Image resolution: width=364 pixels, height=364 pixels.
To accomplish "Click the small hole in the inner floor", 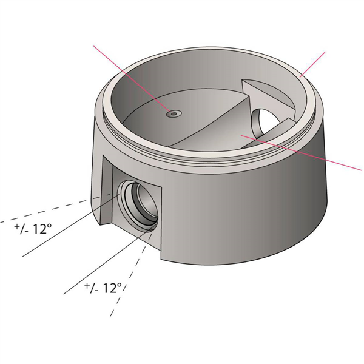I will pyautogui.click(x=175, y=113).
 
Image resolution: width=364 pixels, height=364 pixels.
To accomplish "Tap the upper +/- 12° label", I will pyautogui.click(x=34, y=229).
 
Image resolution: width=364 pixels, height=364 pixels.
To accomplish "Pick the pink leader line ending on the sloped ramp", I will pyautogui.click(x=303, y=155).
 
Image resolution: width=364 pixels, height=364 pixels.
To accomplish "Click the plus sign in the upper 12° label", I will pyautogui.click(x=17, y=226).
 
